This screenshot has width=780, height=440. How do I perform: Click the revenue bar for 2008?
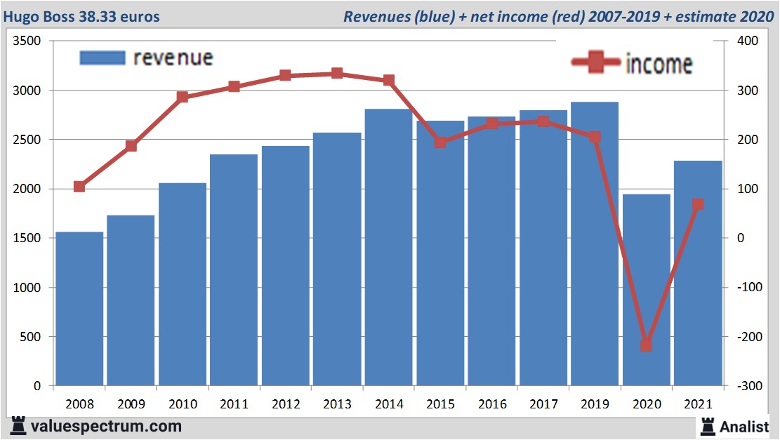79,309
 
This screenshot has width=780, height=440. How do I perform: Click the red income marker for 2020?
646,345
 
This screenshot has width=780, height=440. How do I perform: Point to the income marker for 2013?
337,73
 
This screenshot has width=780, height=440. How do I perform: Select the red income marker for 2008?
79,187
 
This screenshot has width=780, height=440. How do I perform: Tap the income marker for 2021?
698,205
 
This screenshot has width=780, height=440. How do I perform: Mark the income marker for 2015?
440,142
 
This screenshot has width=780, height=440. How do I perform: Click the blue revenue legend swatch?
103,58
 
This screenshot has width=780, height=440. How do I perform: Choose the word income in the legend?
659,65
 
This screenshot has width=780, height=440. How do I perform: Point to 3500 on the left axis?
27,41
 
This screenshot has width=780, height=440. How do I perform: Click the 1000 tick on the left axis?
27,288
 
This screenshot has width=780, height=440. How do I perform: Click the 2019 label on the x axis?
595,404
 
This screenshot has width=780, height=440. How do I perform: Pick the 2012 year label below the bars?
285,404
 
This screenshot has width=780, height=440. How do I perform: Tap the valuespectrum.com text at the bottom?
105,426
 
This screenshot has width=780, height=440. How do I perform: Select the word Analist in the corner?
744,426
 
